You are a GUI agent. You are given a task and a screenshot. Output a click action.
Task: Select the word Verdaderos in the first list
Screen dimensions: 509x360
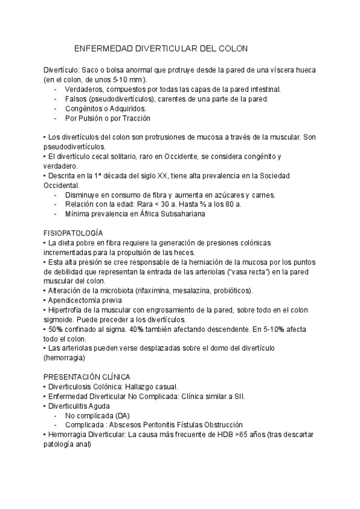click(x=84, y=89)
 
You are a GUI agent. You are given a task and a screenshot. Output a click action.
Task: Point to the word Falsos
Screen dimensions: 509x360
click(x=77, y=99)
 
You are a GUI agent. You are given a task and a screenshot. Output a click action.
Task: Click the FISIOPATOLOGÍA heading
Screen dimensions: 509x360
click(x=73, y=232)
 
